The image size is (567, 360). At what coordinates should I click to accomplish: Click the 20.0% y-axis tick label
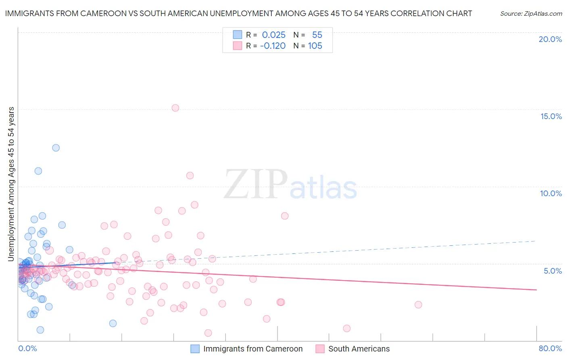(550, 40)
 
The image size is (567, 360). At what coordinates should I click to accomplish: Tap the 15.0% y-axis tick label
(551, 117)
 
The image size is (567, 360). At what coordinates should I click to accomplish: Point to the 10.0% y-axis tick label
(551, 194)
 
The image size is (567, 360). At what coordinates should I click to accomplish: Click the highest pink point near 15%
(175, 108)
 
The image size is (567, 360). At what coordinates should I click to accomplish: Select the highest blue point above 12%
(56, 148)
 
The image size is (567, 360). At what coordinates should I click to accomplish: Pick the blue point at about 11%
(38, 171)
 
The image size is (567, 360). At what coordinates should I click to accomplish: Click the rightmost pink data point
(418, 305)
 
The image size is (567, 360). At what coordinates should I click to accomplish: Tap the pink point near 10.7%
(190, 176)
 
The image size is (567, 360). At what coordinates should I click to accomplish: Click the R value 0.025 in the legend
(274, 35)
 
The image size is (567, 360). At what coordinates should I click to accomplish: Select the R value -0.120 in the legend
(273, 46)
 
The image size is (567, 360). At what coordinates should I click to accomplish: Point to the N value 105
(315, 46)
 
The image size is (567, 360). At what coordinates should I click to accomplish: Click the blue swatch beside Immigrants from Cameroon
(195, 349)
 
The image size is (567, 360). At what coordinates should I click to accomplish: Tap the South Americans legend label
(359, 349)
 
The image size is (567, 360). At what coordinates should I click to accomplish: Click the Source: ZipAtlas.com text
(531, 14)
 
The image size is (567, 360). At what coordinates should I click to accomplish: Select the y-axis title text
(11, 184)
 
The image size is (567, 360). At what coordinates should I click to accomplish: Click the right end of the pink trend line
(536, 290)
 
